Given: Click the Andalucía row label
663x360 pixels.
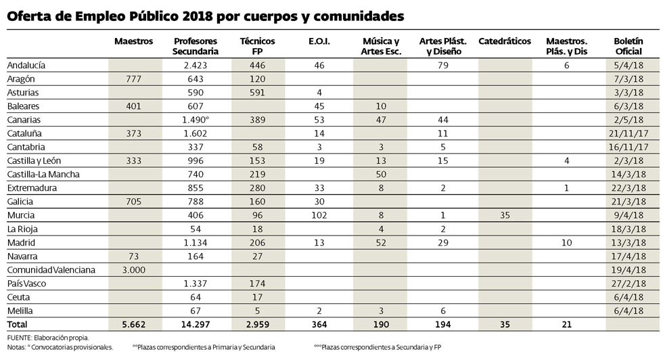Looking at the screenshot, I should click(x=25, y=65).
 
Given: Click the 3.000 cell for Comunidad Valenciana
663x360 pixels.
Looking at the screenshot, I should click(x=134, y=270).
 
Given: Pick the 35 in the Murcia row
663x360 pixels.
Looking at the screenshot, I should click(x=504, y=215).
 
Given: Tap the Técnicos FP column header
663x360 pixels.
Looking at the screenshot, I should click(x=257, y=46).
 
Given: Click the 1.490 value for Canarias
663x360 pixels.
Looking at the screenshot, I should click(x=195, y=120).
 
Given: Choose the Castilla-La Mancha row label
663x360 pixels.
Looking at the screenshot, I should click(x=42, y=174).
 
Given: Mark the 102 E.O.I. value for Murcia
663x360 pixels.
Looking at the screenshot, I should click(x=319, y=215).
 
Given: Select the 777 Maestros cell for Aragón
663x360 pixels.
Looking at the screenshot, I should click(x=134, y=78).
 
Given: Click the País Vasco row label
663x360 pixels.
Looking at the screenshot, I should click(x=26, y=284).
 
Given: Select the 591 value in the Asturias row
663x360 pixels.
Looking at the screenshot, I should click(x=257, y=92).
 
